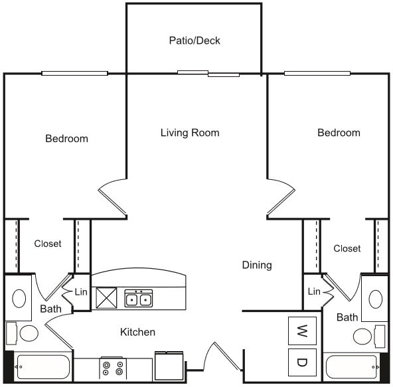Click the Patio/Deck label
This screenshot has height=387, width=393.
tap(194, 40)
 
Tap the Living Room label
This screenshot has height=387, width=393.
tap(190, 133)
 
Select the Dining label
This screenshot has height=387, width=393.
tap(257, 266)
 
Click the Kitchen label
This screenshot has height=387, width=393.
tap(137, 332)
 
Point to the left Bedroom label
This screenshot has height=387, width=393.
tap(66, 139)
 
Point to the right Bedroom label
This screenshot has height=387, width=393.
tap(339, 133)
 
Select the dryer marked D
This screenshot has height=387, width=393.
tap(302, 362)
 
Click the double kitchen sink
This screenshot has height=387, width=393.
tap(139, 299)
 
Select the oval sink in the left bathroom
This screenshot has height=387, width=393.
tap(19, 297)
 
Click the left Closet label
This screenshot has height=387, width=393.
tap(48, 244)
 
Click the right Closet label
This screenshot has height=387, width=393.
tap(347, 248)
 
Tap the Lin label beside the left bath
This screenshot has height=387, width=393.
tap(81, 291)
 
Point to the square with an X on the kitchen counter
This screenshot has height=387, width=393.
tap(106, 297)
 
